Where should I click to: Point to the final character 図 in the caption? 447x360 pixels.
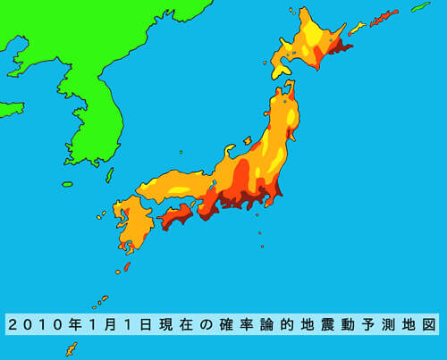(x=427, y=324)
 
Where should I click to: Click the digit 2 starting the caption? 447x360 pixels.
(x=17, y=324)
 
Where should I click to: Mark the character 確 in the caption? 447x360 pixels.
(x=232, y=324)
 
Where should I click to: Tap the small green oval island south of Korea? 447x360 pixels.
(x=67, y=184)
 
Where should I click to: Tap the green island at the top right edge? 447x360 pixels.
(x=421, y=7)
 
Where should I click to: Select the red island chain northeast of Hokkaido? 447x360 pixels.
(x=384, y=17)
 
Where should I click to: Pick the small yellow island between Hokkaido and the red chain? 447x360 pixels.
(x=357, y=29)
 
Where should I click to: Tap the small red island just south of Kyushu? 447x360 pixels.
(x=127, y=266)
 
